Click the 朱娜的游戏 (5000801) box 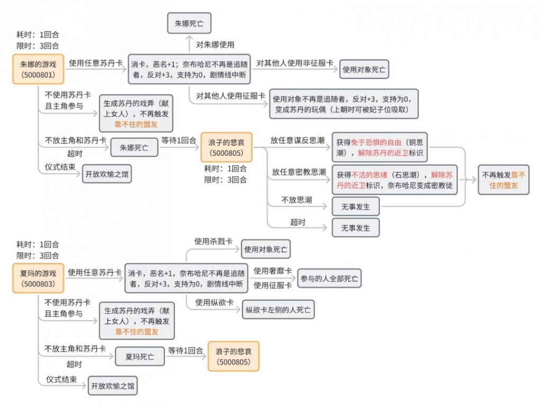coord(38,69)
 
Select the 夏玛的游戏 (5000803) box coord(38,278)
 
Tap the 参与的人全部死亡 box coord(329,278)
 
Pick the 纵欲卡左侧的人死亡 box coord(278,309)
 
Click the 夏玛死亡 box coord(140,356)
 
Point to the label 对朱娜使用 coord(215,44)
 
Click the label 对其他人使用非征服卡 coord(294,63)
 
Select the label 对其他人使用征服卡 coord(231,96)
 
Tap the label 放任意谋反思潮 coord(297,140)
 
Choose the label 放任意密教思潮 coord(299,172)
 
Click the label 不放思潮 coord(296,200)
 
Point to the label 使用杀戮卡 coord(213,242)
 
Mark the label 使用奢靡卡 coord(273,271)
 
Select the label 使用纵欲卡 coord(214,302)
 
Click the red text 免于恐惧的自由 coord(376,142)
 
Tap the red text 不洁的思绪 coord(369,174)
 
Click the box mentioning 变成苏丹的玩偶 coord(344,104)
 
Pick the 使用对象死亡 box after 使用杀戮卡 coord(266,249)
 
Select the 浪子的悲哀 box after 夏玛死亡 coord(233,357)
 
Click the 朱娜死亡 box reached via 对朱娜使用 coord(189,23)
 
